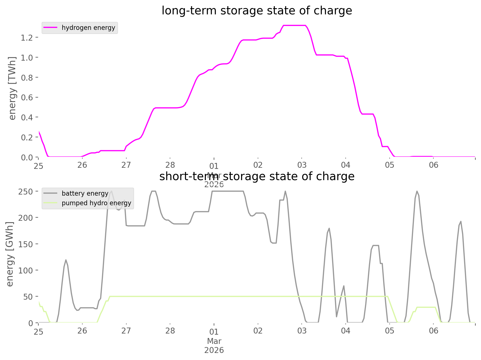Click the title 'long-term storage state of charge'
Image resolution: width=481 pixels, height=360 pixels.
[257, 11]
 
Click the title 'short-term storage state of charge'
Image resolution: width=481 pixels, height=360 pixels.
[257, 176]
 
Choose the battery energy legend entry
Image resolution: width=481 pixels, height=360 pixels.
[85, 194]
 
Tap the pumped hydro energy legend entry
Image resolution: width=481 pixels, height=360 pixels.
[96, 203]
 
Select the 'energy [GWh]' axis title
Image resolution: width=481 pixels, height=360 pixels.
[10, 254]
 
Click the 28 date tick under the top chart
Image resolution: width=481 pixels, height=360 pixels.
[170, 165]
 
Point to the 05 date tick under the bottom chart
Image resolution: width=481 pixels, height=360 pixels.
[389, 331]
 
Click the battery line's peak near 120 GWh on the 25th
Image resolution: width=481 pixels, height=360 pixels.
[66, 260]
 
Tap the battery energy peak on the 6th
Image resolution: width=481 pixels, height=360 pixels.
[460, 221]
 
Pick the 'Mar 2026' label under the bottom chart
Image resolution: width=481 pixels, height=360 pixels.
[214, 346]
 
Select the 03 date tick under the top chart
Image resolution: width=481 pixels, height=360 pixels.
[302, 165]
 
